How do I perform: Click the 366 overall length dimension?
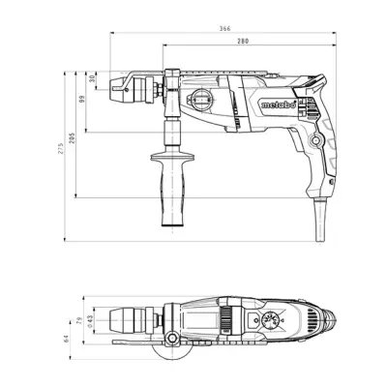[x=223, y=30]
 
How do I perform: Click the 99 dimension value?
[x=82, y=98]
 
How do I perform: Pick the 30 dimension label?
[x=93, y=77]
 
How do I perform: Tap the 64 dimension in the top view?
[x=66, y=338]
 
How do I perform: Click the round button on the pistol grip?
[x=314, y=141]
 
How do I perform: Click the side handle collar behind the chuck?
[x=172, y=97]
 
